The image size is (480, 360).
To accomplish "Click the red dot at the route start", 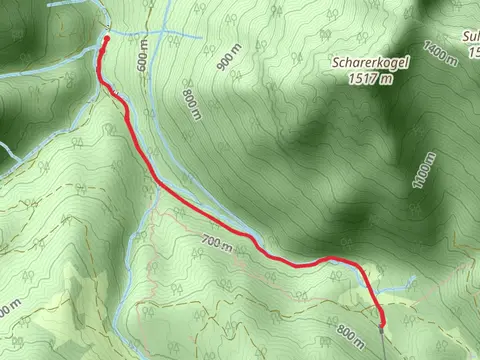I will point(106,40).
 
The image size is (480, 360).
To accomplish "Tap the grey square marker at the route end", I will point(382,321).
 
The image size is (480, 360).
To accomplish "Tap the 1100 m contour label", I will point(425,171).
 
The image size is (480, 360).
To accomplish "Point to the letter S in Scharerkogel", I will point(337,62).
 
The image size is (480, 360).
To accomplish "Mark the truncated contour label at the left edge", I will point(4,312).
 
